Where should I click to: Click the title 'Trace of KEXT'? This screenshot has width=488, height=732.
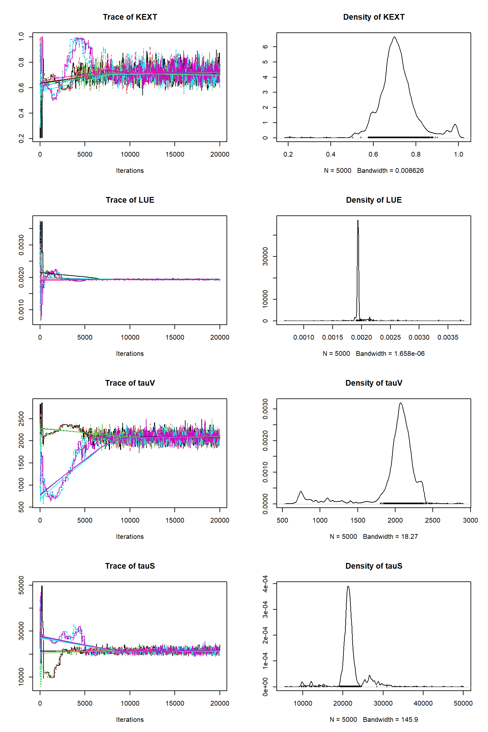click(x=130, y=17)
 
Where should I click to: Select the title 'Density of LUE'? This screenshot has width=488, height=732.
click(x=374, y=200)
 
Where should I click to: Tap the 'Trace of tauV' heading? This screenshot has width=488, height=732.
click(x=130, y=383)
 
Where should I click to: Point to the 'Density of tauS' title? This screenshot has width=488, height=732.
click(x=374, y=566)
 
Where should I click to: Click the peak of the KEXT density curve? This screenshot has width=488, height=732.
click(x=395, y=37)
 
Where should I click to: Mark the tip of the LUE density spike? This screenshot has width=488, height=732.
click(x=358, y=220)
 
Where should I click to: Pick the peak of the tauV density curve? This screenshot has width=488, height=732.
click(x=401, y=403)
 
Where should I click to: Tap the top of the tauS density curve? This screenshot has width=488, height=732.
click(x=348, y=586)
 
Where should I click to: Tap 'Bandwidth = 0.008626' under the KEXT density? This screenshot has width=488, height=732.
click(x=390, y=171)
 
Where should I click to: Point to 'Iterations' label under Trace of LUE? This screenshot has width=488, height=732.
click(x=130, y=354)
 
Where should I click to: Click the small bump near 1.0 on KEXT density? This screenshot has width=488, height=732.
click(x=455, y=125)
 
